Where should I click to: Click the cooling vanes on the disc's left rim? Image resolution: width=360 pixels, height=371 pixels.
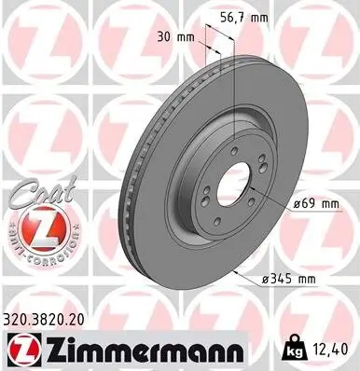click(x=131, y=186)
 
